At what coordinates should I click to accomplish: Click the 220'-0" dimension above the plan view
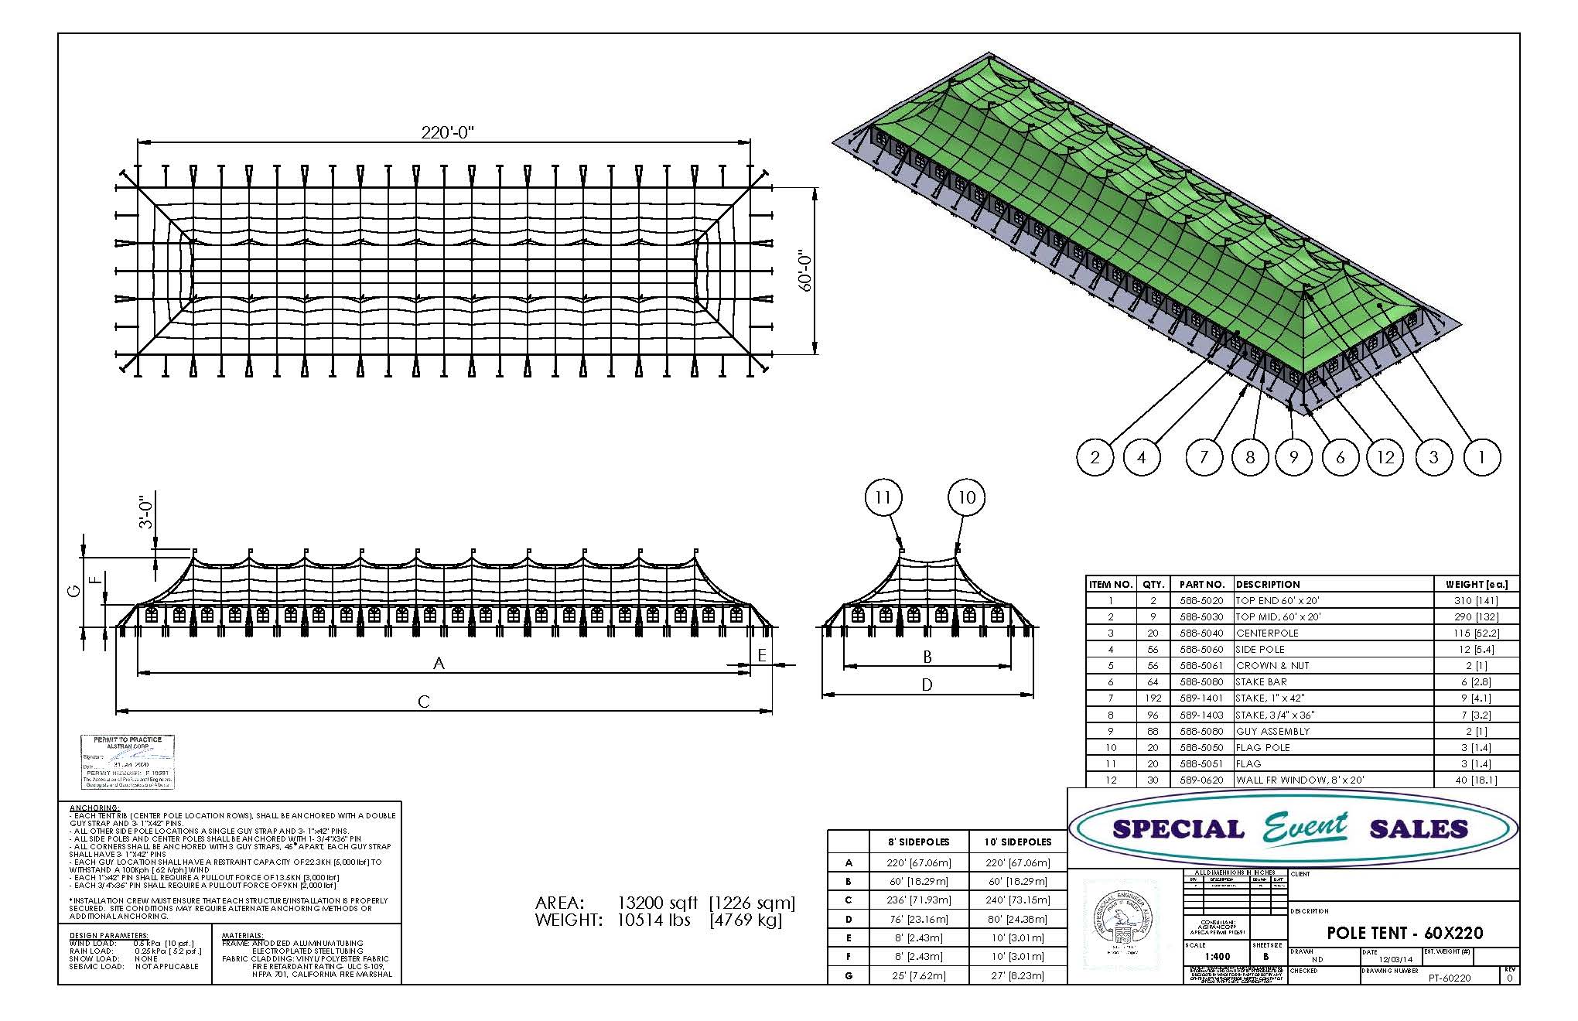(446, 132)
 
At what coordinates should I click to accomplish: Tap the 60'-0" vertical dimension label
(805, 271)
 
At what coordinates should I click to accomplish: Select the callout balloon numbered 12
(1385, 457)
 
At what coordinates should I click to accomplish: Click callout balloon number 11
(883, 497)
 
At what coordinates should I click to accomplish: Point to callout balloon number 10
(967, 497)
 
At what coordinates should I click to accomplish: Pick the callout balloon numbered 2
(1095, 457)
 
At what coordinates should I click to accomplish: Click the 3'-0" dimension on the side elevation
(146, 512)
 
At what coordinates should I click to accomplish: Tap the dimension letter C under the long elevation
(424, 702)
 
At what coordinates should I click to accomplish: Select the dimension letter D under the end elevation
(927, 685)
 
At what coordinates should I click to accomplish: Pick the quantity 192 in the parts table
(1153, 698)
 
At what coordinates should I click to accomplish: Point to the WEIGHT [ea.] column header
(1476, 584)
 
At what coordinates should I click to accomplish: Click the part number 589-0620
(1201, 780)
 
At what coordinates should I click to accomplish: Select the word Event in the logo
(1306, 828)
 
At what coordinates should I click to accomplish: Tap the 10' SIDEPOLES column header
(1017, 842)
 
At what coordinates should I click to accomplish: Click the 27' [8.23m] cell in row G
(1017, 975)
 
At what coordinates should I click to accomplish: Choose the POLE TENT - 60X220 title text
(1405, 933)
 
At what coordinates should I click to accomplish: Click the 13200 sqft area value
(657, 903)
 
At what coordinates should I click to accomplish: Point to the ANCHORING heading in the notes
(94, 808)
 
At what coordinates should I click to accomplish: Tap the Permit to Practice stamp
(128, 762)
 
